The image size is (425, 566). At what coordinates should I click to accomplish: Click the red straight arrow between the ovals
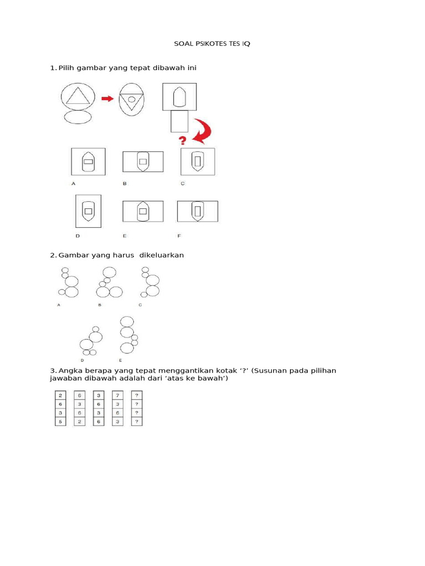[107, 99]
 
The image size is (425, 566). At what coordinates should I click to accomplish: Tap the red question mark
[183, 140]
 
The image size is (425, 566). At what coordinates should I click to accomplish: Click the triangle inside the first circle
[77, 96]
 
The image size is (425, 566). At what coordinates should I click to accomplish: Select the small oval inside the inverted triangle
[132, 99]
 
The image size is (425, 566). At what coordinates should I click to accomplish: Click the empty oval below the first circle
[77, 117]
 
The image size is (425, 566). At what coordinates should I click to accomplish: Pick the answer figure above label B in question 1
[143, 162]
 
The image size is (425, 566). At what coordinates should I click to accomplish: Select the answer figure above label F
[197, 211]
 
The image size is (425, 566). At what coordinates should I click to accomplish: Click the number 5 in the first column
[60, 422]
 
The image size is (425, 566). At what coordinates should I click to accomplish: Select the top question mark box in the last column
[136, 395]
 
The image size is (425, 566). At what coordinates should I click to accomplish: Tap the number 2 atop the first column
[60, 395]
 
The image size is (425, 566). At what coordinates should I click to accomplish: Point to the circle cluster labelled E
[128, 335]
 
